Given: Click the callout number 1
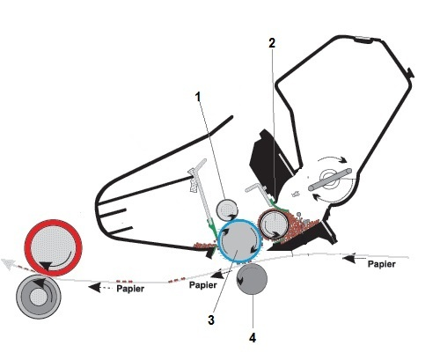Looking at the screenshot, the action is click(x=199, y=97).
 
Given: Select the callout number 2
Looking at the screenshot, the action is click(x=272, y=43).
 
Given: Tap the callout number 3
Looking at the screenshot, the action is click(x=211, y=320).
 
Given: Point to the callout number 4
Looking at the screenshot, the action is click(x=253, y=338).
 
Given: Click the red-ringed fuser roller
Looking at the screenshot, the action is click(x=53, y=248).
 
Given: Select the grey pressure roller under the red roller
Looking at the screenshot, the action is click(x=39, y=297).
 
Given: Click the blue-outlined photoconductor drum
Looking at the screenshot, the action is click(x=239, y=240).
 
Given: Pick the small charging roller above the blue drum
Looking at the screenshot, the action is click(x=226, y=209).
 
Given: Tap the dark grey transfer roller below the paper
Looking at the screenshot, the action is click(x=252, y=279).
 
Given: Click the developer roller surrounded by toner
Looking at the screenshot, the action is click(x=274, y=224).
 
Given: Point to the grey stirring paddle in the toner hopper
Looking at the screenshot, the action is click(x=330, y=180).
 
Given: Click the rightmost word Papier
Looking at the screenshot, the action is click(x=382, y=264).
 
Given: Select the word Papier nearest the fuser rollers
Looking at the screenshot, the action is click(x=130, y=289).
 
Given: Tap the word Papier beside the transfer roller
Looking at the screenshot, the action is click(x=203, y=284).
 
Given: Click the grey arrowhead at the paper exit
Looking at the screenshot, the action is click(x=7, y=263).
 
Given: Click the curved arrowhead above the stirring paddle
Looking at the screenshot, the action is click(x=343, y=159).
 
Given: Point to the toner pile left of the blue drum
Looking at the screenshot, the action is click(x=204, y=245).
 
